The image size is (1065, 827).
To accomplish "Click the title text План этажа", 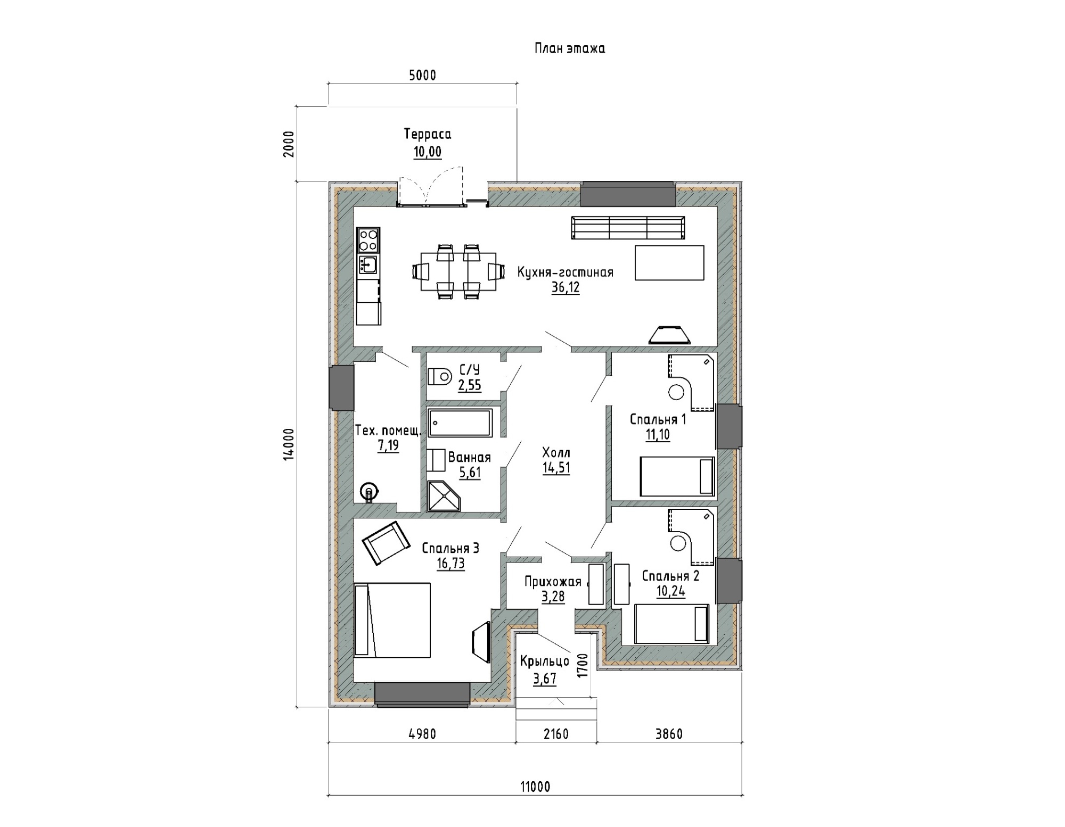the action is [x=570, y=48].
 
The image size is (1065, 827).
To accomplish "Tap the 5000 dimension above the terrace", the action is [x=422, y=76].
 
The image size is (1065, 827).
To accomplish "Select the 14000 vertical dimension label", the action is [x=288, y=444].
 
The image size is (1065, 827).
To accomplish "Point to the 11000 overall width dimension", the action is [x=535, y=787].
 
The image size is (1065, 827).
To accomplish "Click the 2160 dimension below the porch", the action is [x=556, y=734].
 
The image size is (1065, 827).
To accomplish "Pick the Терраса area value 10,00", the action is [x=428, y=152].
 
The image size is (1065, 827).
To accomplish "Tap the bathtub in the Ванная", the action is [x=461, y=423].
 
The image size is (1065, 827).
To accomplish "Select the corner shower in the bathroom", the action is [x=444, y=496].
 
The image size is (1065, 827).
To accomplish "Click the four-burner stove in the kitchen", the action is [x=368, y=240].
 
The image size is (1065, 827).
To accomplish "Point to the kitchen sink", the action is [x=368, y=264].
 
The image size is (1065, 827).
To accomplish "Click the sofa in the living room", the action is [x=628, y=228].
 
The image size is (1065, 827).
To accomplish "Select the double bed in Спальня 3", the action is [x=392, y=620].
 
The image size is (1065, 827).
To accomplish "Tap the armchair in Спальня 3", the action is [x=386, y=543].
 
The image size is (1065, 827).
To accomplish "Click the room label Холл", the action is [x=556, y=453].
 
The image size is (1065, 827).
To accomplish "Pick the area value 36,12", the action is [x=566, y=288].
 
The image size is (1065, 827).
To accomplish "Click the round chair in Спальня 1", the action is [x=676, y=393].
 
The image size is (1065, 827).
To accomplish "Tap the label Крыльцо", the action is [x=545, y=661].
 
